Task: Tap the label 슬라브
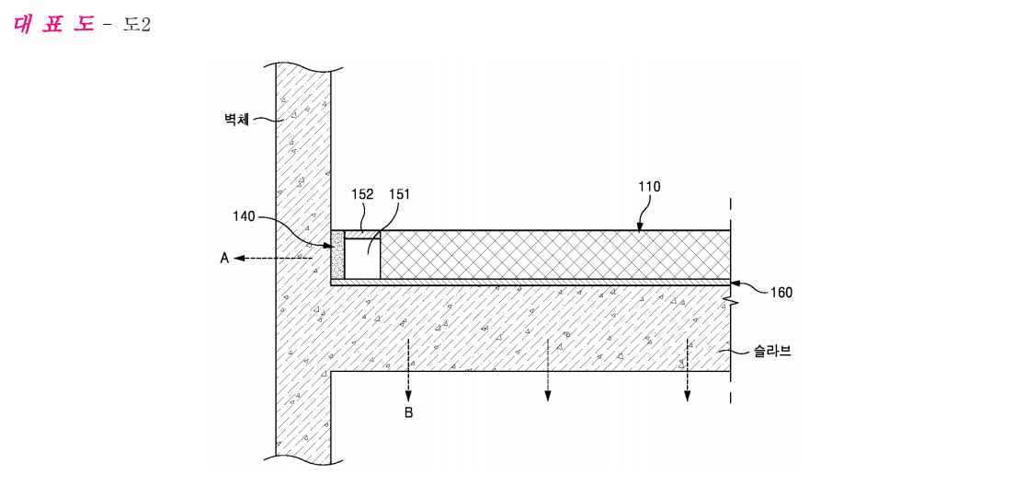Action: tap(771, 353)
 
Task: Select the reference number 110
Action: tap(648, 188)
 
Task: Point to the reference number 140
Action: tap(245, 217)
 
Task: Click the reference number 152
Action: tap(362, 194)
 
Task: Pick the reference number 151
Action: tap(399, 194)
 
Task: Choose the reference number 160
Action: tap(781, 293)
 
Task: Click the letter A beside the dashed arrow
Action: tap(224, 258)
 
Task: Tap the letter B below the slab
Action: tap(408, 412)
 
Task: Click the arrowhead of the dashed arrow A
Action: tap(239, 258)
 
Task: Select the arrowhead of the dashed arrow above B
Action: tap(408, 396)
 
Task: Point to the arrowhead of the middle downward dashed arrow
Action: tap(548, 396)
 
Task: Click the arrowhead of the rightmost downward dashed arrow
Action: tap(688, 396)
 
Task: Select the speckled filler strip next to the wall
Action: tap(337, 255)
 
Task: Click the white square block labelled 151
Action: tap(362, 259)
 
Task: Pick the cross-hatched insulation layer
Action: tap(554, 255)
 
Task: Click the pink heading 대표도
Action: tap(53, 25)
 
